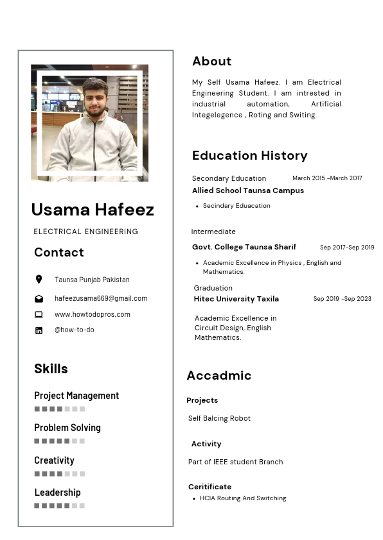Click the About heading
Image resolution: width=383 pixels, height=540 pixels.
[x=211, y=62]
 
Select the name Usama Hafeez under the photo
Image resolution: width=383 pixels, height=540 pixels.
[x=93, y=210]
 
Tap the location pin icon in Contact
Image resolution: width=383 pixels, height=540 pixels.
[x=39, y=280]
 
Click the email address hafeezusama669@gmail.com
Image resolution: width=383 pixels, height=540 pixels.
[x=101, y=298]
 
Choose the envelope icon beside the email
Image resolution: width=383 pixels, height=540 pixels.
[x=39, y=299]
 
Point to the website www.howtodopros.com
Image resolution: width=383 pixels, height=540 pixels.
[x=93, y=314]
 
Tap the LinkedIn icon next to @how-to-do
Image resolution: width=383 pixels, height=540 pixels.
[x=39, y=330]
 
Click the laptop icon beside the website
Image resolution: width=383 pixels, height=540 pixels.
[x=39, y=314]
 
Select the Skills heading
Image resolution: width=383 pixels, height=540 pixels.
[x=51, y=369]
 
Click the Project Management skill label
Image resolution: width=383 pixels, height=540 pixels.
[x=76, y=396]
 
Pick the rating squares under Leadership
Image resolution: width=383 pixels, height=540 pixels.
[x=59, y=505]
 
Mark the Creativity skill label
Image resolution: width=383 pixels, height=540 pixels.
[x=54, y=460]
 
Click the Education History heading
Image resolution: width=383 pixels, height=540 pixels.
[x=249, y=155]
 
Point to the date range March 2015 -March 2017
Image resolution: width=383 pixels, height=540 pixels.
[x=327, y=178]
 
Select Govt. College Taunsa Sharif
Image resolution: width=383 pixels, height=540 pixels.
[x=244, y=247]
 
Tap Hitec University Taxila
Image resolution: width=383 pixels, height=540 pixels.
[x=236, y=299]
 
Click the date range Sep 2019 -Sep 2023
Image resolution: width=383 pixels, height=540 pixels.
[x=342, y=299]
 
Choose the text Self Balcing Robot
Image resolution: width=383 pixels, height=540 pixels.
[x=219, y=418]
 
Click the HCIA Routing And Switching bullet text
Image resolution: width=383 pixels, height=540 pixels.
[x=243, y=498]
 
